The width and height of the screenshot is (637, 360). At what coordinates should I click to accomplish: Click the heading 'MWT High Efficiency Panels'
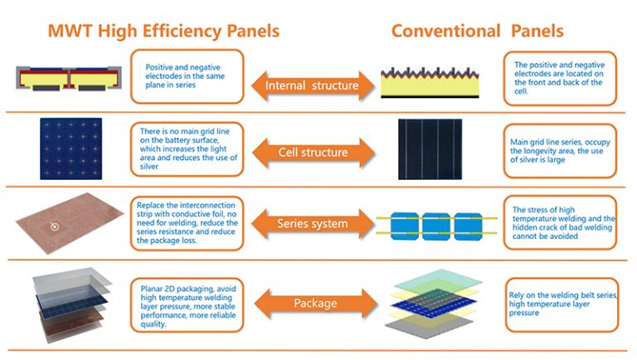pos(163,32)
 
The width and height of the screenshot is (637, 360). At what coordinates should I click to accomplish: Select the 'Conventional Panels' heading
pos(477,32)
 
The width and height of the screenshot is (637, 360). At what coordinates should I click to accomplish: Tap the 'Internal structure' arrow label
pos(311,85)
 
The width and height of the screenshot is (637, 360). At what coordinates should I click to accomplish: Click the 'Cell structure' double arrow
pos(311,153)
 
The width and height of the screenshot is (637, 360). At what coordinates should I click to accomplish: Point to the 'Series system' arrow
pos(311,223)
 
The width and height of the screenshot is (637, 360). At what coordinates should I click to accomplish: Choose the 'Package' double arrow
pos(311,303)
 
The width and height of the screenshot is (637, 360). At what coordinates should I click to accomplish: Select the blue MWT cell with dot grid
pos(71,148)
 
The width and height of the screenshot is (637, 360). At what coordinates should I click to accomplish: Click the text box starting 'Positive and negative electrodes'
pos(187,76)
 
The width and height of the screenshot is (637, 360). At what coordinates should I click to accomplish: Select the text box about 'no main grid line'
pos(187,149)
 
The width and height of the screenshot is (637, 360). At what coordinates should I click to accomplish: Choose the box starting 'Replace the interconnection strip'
pos(187,223)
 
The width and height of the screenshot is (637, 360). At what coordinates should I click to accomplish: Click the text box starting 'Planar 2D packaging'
pos(187,302)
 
